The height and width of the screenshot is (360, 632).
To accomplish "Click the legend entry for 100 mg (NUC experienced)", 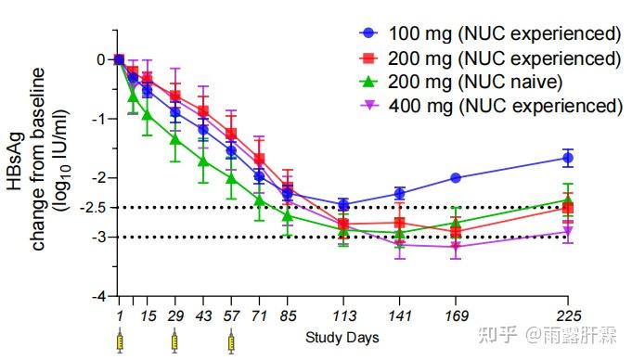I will (x=491, y=34).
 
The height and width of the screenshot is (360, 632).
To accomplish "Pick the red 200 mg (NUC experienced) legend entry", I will (x=491, y=58).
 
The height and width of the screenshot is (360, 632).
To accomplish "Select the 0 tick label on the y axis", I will (x=100, y=59).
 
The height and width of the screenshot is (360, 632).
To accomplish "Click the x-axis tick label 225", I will (x=568, y=316).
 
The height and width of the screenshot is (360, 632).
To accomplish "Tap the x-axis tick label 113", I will (x=344, y=316).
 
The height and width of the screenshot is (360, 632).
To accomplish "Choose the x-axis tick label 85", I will (x=288, y=316).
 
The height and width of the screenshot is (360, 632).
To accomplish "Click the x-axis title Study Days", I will (x=342, y=338).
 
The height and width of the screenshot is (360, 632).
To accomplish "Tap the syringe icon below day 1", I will (x=119, y=342).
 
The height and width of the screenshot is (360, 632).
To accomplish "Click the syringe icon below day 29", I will (x=174, y=342).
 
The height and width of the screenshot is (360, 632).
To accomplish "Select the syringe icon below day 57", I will (x=231, y=342).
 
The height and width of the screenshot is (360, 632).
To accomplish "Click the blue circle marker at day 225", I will (x=568, y=158).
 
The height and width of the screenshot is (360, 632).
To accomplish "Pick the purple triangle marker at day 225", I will (x=568, y=231).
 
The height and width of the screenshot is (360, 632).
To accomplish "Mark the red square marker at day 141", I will (x=400, y=223).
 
